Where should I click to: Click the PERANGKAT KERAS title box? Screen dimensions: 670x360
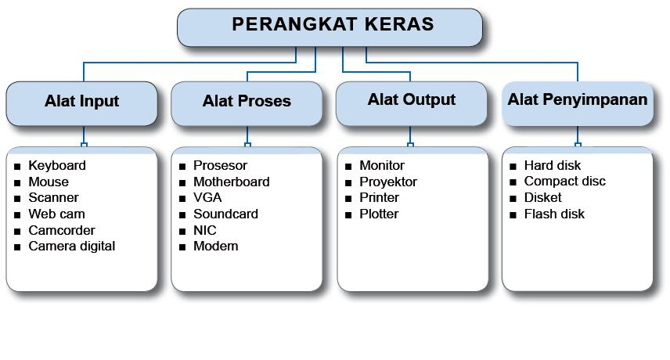(330, 27)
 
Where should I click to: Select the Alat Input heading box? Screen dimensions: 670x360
(81, 104)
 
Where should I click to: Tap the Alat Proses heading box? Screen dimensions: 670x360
(247, 104)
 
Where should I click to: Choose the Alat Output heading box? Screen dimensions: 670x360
(412, 104)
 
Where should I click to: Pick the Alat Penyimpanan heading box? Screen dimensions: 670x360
(578, 104)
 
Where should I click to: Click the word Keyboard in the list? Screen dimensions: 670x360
(57, 166)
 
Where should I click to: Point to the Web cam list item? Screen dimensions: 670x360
(56, 214)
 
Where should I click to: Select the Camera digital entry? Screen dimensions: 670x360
(72, 247)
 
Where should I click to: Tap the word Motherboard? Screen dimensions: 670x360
(231, 182)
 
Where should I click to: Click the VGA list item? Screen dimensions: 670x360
(207, 198)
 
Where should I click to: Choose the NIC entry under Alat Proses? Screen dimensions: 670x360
(204, 230)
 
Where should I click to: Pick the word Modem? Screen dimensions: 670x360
(215, 247)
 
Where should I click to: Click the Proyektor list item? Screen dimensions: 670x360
(388, 182)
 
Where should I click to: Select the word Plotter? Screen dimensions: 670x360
(379, 214)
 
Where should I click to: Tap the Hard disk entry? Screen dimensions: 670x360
(552, 165)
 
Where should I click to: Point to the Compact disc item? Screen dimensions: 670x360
(564, 182)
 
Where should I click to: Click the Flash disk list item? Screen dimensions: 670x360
(554, 214)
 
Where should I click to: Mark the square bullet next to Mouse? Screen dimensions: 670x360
(17, 183)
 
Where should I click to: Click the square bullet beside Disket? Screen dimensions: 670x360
(513, 199)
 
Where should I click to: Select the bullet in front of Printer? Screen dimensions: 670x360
(348, 199)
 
